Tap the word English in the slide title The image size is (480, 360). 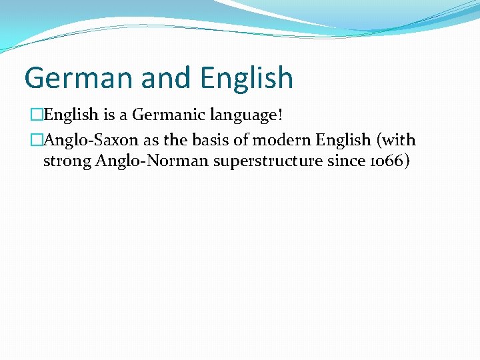pyautogui.click(x=247, y=78)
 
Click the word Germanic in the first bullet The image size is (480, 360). pyautogui.click(x=169, y=115)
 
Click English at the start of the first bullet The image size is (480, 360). pyautogui.click(x=71, y=115)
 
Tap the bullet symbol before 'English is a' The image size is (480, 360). pyautogui.click(x=36, y=115)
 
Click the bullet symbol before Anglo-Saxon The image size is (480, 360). pyautogui.click(x=36, y=141)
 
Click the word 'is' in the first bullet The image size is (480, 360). pyautogui.click(x=109, y=115)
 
